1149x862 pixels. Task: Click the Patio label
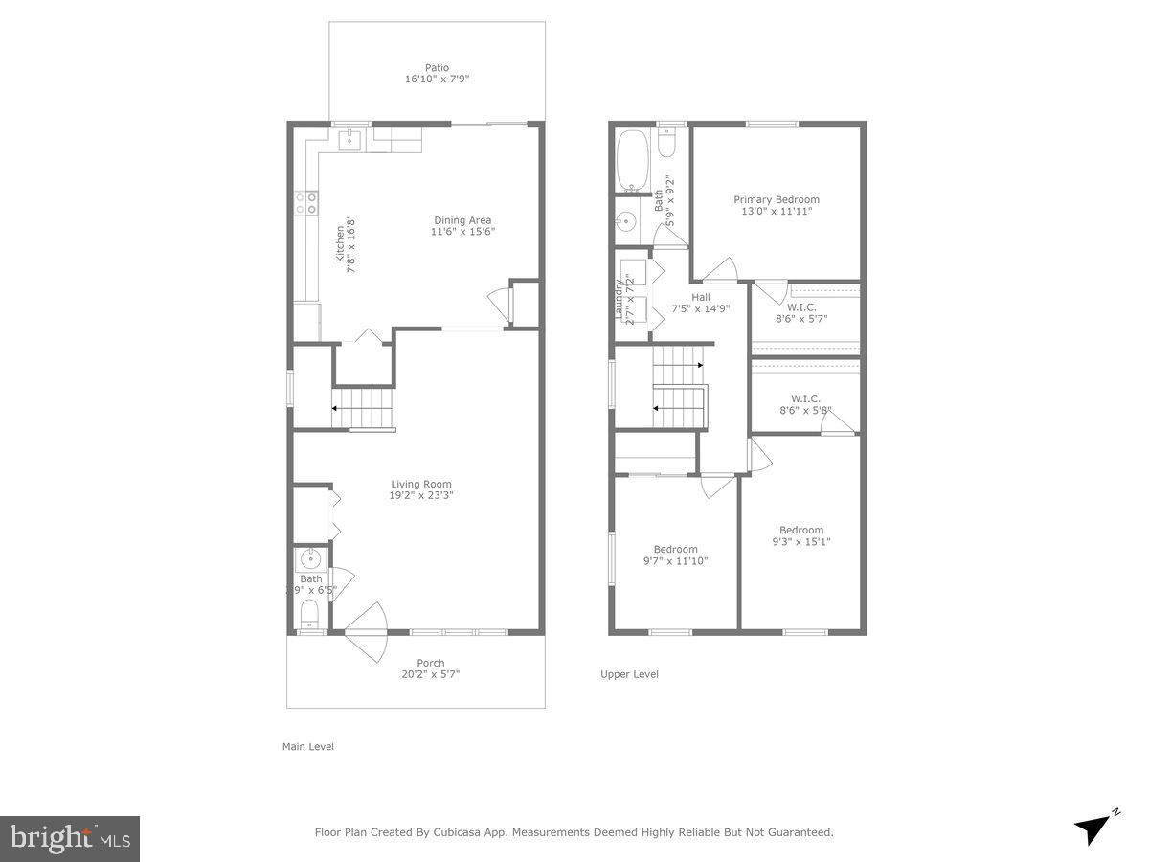[x=438, y=68]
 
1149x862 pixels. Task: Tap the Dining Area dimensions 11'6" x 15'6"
[x=462, y=232]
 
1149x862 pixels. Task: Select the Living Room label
[x=421, y=485]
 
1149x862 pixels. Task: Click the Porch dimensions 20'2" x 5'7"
[x=431, y=674]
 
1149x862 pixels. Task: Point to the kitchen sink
[x=349, y=140]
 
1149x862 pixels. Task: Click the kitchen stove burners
[x=306, y=202]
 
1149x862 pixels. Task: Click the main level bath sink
[x=311, y=559]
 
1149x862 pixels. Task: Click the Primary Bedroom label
[x=777, y=199]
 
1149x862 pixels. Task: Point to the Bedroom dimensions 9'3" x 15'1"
[x=800, y=542]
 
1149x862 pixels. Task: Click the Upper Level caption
[x=629, y=674]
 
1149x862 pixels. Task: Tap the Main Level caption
[x=307, y=746]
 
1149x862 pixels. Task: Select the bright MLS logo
[x=70, y=839]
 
